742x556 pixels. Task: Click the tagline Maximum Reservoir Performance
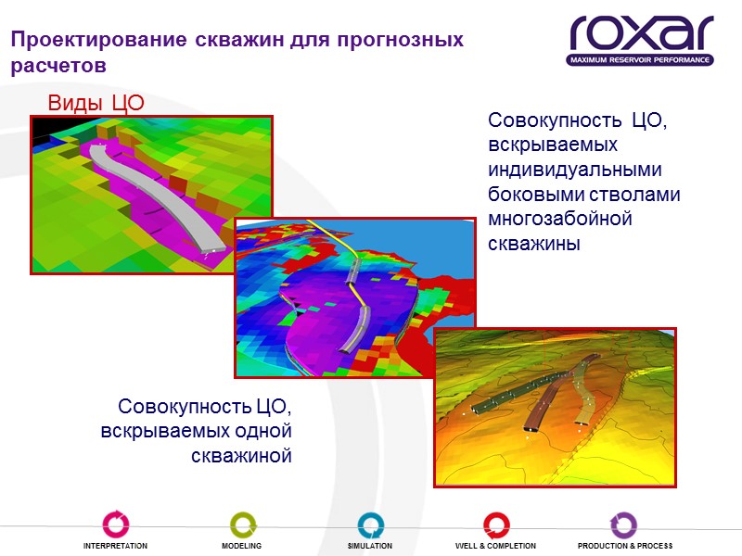(x=640, y=60)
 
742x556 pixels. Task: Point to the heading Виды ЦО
(x=96, y=102)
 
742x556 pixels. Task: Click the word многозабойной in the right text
(x=559, y=220)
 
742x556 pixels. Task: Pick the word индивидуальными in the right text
(x=576, y=171)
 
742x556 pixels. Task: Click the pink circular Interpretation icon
(x=116, y=524)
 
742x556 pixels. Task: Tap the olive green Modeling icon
(x=242, y=524)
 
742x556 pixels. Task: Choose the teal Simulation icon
(x=370, y=524)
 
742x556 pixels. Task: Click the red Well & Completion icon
(x=495, y=524)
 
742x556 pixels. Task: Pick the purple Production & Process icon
(x=623, y=524)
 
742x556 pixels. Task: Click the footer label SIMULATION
(x=370, y=547)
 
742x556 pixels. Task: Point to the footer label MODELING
(x=241, y=547)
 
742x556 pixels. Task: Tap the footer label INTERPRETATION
(x=116, y=547)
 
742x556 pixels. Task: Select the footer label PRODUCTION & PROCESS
(x=625, y=547)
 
